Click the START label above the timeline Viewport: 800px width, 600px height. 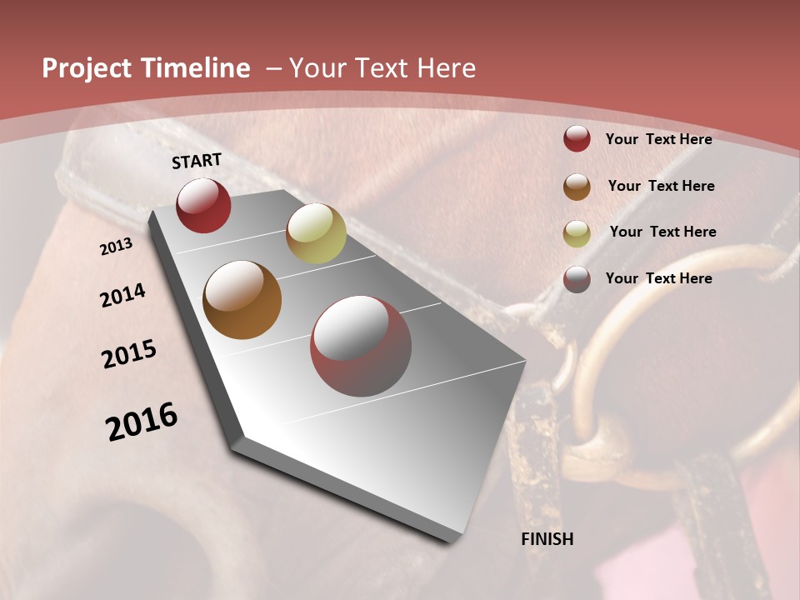197,161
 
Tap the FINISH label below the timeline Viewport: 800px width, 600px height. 547,539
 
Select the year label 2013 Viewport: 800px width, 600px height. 116,247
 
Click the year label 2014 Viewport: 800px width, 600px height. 122,296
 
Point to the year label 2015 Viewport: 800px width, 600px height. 129,354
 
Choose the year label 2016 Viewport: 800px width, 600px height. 142,422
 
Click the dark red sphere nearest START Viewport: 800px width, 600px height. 203,205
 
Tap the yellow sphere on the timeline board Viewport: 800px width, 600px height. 316,233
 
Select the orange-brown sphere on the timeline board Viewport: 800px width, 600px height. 242,300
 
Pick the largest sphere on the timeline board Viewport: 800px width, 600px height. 361,346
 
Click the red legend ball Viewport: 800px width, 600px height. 577,139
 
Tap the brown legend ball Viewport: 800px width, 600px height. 577,187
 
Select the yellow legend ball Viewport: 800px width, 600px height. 577,232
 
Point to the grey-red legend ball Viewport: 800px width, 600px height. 577,279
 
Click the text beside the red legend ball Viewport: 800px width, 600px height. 658,139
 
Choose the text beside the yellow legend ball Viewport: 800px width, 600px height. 662,232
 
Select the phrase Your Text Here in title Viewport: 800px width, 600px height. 382,68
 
